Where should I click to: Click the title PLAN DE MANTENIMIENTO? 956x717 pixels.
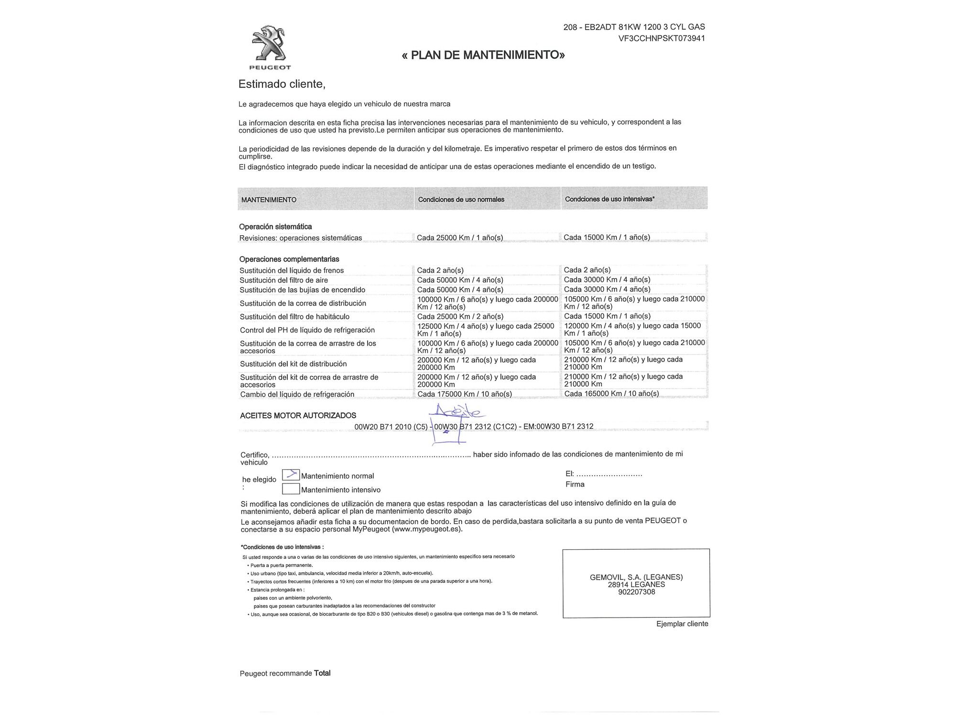[x=483, y=55]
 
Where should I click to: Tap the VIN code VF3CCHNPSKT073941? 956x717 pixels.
[x=662, y=38]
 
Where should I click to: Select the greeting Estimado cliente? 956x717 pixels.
[x=282, y=84]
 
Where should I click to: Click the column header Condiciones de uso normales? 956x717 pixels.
[x=461, y=199]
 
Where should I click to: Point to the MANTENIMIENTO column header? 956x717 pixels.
[x=269, y=200]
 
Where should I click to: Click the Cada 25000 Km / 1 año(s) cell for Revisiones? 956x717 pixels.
[x=460, y=238]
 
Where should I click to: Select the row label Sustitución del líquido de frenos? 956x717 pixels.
[x=292, y=271]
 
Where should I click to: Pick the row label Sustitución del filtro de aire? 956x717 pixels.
[x=283, y=280]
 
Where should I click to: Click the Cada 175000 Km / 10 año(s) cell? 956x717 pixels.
[x=464, y=394]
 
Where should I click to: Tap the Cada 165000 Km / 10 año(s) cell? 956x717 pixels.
[x=611, y=393]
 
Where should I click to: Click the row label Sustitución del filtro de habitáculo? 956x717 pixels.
[x=294, y=316]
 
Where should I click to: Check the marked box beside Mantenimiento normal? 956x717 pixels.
[x=291, y=475]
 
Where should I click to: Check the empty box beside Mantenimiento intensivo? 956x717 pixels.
[x=291, y=489]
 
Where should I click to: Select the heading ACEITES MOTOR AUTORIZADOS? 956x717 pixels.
[x=298, y=415]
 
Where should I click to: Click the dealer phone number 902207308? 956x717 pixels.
[x=636, y=592]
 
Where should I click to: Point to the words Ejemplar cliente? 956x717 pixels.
[x=682, y=624]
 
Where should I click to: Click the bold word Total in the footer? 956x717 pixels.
[x=322, y=673]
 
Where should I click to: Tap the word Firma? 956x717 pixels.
[x=575, y=484]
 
